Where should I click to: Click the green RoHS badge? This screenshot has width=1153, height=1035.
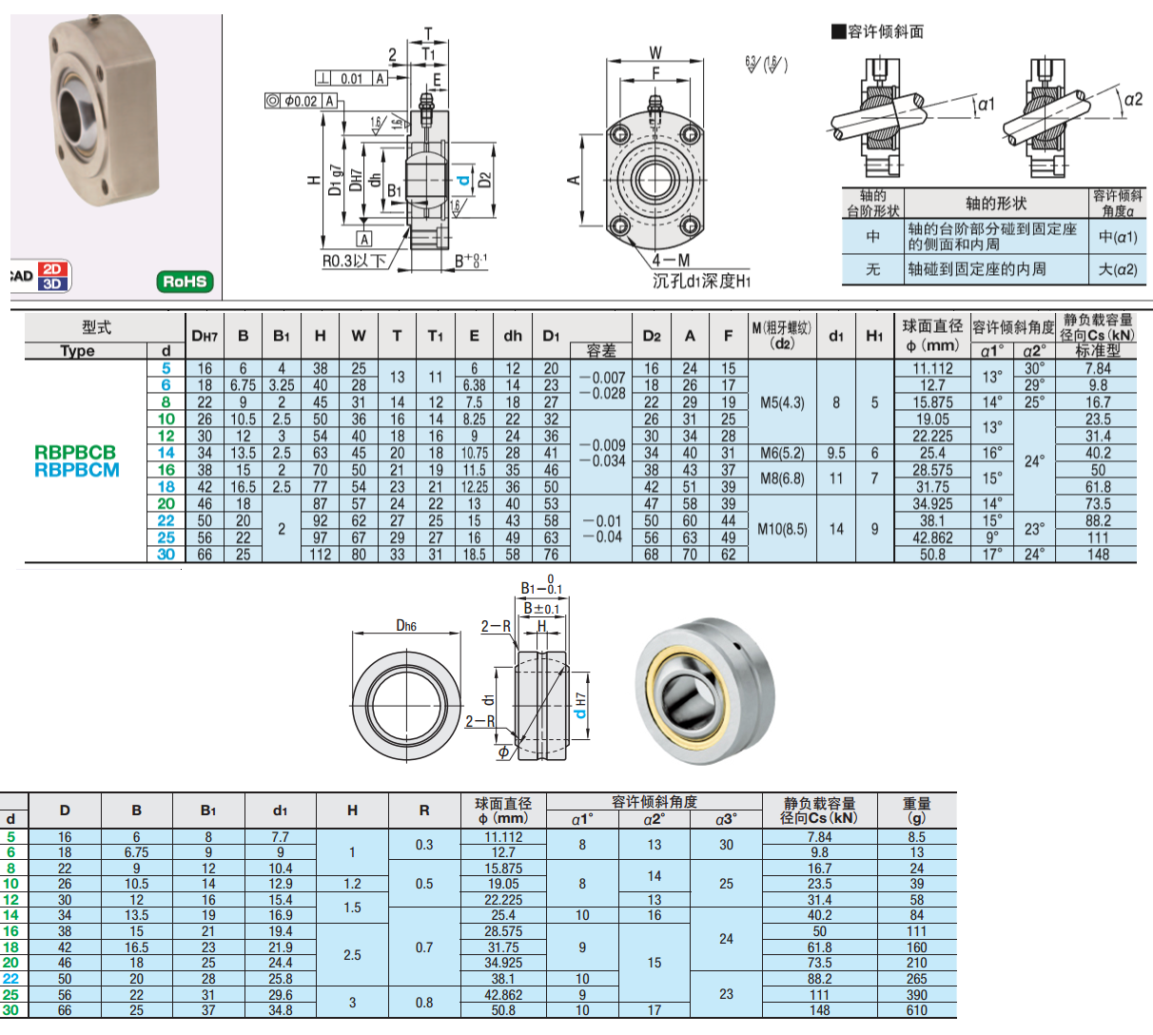pyautogui.click(x=185, y=281)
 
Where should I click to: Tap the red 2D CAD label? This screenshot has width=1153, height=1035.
pyautogui.click(x=52, y=269)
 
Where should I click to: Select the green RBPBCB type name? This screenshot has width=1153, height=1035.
pyautogui.click(x=75, y=453)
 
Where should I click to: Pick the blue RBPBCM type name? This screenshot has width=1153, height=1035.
pyautogui.click(x=77, y=470)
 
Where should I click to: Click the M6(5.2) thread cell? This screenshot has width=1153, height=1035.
pyautogui.click(x=783, y=453)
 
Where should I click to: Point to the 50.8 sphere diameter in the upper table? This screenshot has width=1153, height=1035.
pyautogui.click(x=932, y=555)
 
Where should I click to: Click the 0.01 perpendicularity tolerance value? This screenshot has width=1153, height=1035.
pyautogui.click(x=352, y=79)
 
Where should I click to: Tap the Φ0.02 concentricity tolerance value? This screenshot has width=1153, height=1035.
pyautogui.click(x=301, y=101)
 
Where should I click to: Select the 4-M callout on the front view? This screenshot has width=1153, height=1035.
pyautogui.click(x=671, y=261)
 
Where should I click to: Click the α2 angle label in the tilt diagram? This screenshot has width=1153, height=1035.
pyautogui.click(x=1133, y=100)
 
